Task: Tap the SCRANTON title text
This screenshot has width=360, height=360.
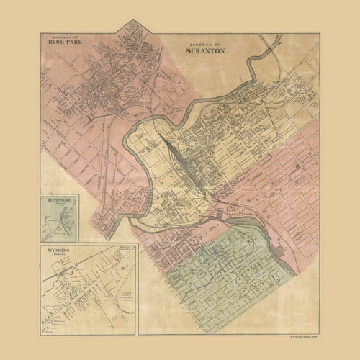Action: (204, 52)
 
